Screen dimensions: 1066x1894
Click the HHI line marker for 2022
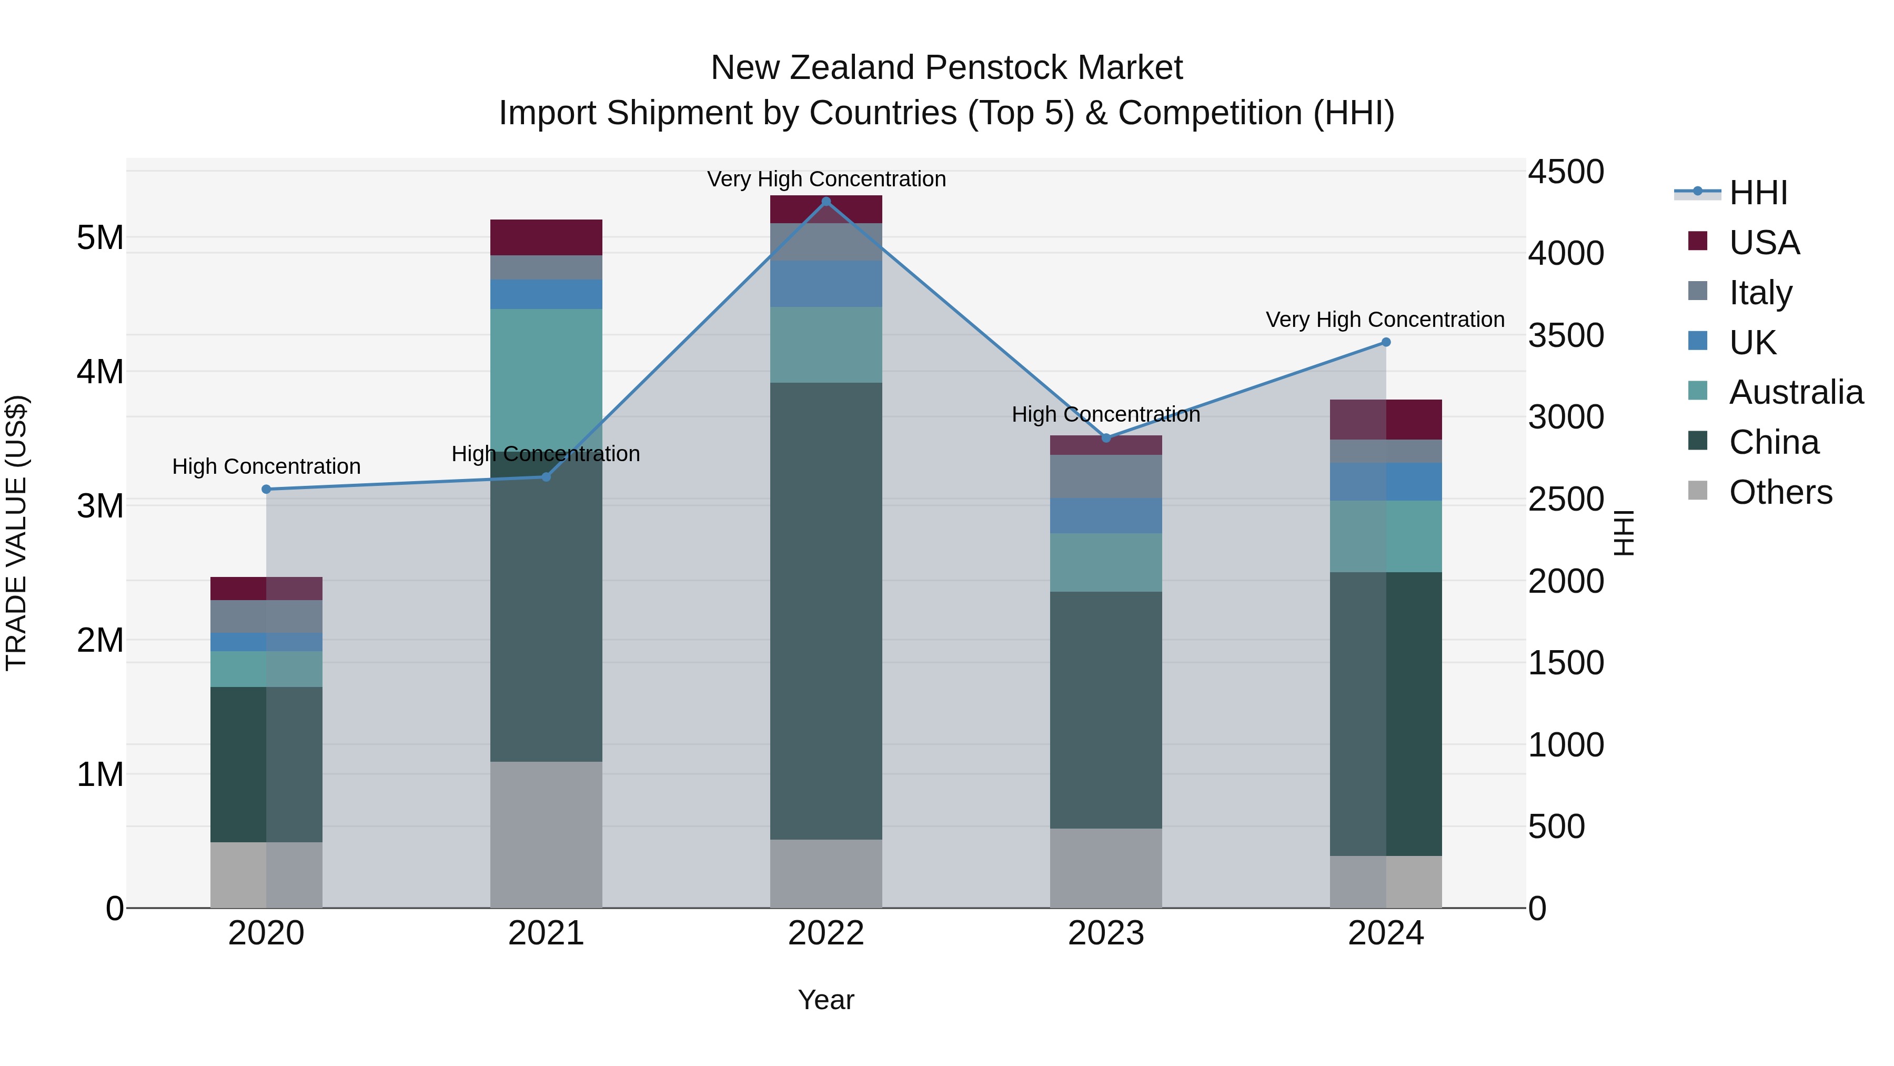pyautogui.click(x=825, y=202)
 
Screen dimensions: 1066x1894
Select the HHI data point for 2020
pyautogui.click(x=266, y=489)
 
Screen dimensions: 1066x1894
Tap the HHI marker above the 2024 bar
pyautogui.click(x=1386, y=342)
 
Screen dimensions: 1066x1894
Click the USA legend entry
pyautogui.click(x=1763, y=243)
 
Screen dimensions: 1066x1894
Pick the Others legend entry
pyautogui.click(x=1779, y=492)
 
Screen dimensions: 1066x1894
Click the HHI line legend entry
pyautogui.click(x=1757, y=193)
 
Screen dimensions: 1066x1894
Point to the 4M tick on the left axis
pyautogui.click(x=100, y=372)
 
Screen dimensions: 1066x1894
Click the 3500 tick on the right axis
pyautogui.click(x=1565, y=335)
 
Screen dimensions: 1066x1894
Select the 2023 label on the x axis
pyautogui.click(x=1106, y=933)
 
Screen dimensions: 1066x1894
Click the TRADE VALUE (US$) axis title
pyautogui.click(x=16, y=533)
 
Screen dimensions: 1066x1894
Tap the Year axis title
pyautogui.click(x=825, y=1000)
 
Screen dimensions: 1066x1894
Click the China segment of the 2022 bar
pyautogui.click(x=825, y=611)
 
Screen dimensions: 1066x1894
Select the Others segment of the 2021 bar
pyautogui.click(x=546, y=834)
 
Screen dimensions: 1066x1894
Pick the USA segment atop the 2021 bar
pyautogui.click(x=546, y=237)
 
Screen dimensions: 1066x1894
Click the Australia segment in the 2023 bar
pyautogui.click(x=1106, y=562)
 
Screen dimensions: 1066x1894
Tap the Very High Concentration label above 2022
pyautogui.click(x=825, y=179)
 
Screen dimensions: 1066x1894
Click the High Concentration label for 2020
pyautogui.click(x=266, y=466)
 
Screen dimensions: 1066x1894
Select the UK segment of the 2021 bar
pyautogui.click(x=546, y=294)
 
